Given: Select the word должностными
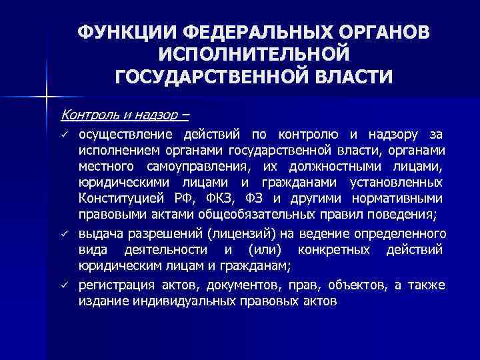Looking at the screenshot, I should click(x=343, y=166).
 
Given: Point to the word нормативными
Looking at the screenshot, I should click(x=403, y=199).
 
